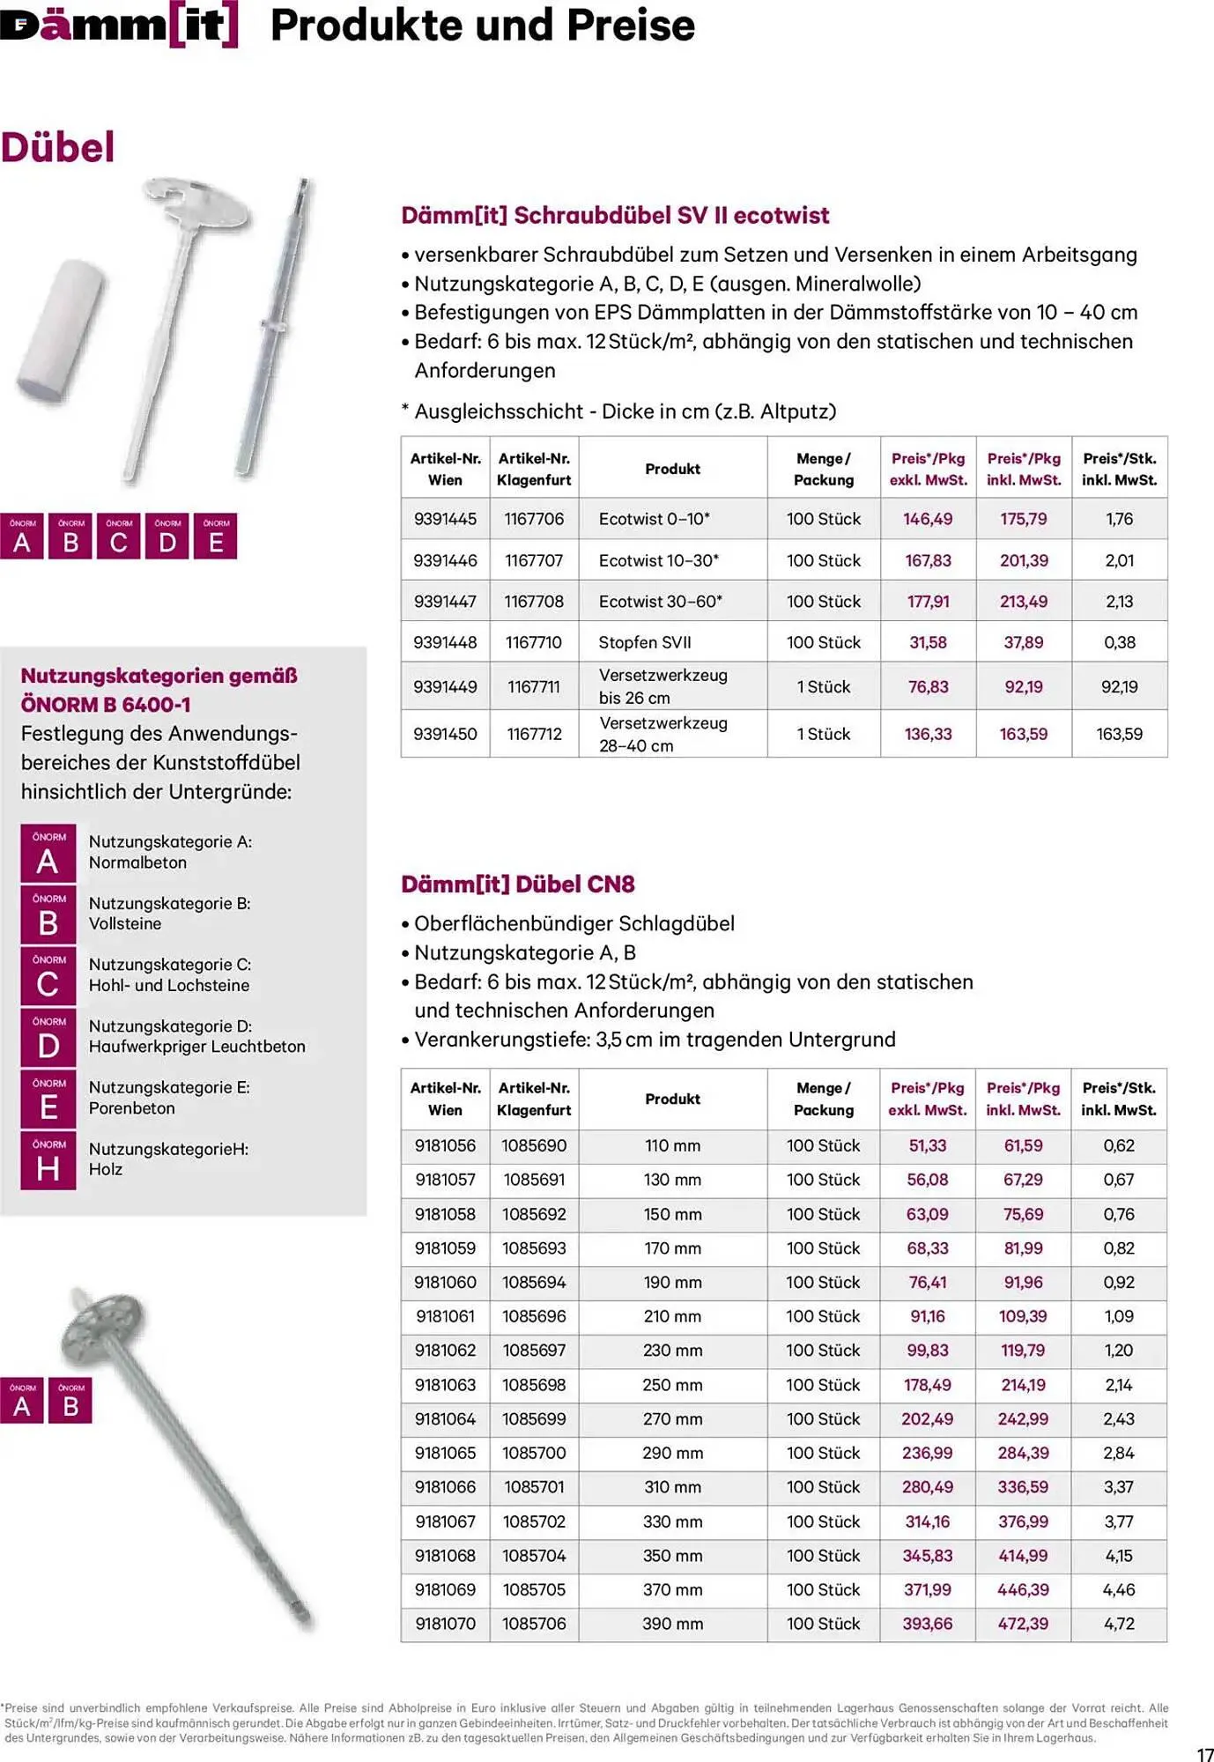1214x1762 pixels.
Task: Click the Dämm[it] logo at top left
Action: coord(119,25)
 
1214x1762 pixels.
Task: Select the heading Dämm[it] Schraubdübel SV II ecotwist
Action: coord(615,216)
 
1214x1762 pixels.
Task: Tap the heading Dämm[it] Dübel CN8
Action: coord(518,885)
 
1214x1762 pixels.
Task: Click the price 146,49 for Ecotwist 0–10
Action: coord(928,519)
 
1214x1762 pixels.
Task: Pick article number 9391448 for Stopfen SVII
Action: coord(445,642)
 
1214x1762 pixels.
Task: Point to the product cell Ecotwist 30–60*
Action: coord(660,602)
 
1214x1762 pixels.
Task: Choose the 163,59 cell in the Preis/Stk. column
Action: coord(1119,734)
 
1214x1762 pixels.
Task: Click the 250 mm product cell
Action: coord(672,1385)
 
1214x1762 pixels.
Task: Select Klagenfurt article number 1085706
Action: coord(534,1624)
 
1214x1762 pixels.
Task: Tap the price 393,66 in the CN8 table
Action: coord(927,1624)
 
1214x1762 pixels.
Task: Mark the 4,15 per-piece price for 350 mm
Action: coord(1119,1556)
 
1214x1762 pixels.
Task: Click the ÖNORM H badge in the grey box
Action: coord(48,1160)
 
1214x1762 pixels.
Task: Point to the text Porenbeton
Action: coord(132,1108)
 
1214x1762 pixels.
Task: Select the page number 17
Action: coord(1204,1754)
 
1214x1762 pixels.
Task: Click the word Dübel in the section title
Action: coord(58,147)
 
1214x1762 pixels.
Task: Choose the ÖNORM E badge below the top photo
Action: coord(216,537)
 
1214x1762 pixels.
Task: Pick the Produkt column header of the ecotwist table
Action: coord(672,469)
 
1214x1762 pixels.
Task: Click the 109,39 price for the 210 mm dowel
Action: coord(1023,1316)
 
